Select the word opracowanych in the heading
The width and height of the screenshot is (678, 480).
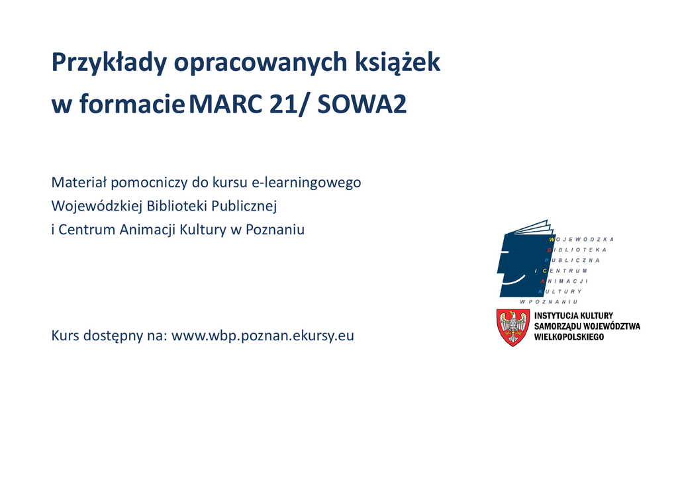coord(261,63)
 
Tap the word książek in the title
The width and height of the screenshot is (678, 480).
coord(397,63)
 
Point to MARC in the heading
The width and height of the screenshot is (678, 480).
coord(225,104)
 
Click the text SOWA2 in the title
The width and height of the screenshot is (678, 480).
coord(362,104)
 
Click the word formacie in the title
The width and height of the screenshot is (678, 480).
coord(132,104)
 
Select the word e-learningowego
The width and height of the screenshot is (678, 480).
coord(306,183)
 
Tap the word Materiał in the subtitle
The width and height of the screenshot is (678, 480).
coord(79,183)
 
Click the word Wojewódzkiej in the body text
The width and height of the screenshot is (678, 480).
coord(97,207)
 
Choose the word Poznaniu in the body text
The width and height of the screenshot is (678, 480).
coord(275,230)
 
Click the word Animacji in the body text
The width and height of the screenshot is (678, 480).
coord(148,230)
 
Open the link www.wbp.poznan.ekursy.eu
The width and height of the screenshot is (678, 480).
coord(262,336)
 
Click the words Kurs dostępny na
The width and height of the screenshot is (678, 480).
coord(109,336)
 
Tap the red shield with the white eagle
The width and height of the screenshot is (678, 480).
coord(513,327)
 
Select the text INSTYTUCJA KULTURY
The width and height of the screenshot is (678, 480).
coord(573,316)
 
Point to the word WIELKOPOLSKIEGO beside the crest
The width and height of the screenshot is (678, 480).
coord(569,337)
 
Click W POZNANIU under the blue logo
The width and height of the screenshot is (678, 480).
coord(549,302)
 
